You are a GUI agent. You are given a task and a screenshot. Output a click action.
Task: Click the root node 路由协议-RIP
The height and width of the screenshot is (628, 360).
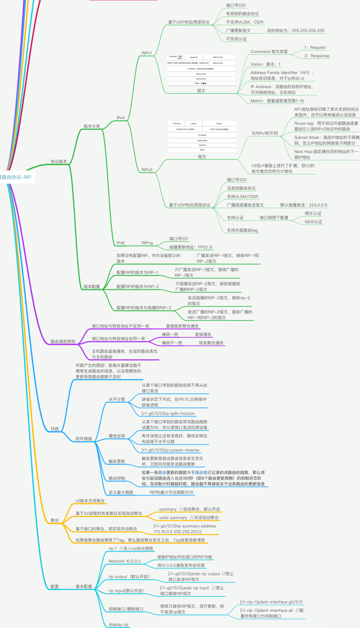click(16, 177)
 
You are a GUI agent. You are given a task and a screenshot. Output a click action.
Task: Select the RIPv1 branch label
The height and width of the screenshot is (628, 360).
click(147, 53)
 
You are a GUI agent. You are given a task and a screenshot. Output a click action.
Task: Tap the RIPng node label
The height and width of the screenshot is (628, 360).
click(147, 243)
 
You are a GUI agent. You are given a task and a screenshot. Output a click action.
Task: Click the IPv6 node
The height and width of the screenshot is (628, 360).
click(120, 243)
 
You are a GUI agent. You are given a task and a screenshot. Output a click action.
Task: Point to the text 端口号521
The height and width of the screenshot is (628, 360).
click(179, 239)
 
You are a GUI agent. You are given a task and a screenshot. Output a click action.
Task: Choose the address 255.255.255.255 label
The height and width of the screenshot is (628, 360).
click(296, 31)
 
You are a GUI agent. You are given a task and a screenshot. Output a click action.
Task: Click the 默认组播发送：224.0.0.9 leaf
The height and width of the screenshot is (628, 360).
click(303, 205)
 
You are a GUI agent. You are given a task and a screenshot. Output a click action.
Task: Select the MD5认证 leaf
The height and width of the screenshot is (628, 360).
click(313, 222)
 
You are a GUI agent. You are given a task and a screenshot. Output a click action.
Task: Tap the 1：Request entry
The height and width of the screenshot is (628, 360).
click(315, 48)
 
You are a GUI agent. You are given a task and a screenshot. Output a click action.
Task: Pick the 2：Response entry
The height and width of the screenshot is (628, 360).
click(316, 56)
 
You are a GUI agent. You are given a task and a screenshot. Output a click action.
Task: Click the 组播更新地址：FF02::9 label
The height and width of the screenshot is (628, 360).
click(190, 247)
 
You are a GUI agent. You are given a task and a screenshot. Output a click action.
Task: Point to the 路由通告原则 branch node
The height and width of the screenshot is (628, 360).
click(63, 342)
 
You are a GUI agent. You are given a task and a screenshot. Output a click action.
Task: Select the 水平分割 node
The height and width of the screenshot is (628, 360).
click(116, 399)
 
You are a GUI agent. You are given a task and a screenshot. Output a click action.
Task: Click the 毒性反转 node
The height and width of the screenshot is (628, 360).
click(116, 436)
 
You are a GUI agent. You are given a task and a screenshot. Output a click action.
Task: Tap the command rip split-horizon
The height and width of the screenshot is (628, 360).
click(168, 413)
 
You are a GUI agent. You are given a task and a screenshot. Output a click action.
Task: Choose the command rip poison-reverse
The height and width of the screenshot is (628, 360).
click(170, 450)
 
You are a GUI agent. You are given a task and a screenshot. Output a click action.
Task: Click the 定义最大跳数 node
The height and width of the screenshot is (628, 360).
click(121, 492)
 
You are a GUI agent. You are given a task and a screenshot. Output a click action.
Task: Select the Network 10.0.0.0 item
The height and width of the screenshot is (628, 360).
click(124, 561)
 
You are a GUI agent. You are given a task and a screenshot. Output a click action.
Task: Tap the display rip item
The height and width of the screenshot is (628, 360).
click(118, 625)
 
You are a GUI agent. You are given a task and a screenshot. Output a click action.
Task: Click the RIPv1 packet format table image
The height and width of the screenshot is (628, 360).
click(202, 70)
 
